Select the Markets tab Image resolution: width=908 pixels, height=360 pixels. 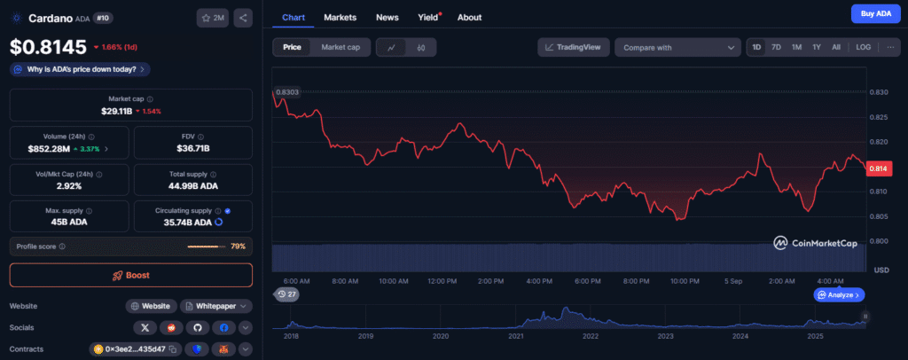tap(340, 17)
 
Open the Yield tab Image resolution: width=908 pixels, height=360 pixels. tap(427, 17)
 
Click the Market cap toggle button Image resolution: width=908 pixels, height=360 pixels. tap(340, 47)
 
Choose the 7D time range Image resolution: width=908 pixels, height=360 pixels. tap(776, 47)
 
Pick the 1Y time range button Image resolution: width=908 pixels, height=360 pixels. tap(817, 47)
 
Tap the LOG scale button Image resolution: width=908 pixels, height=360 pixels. tap(863, 47)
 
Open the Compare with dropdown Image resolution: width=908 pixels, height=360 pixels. tap(677, 47)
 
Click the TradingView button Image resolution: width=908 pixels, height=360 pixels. tap(573, 47)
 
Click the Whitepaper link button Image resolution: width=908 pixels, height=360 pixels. tap(215, 306)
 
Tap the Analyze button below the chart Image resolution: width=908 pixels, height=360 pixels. tap(838, 294)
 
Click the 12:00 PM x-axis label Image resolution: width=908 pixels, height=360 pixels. tap(441, 281)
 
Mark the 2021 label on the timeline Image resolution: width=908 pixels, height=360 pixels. tap(516, 336)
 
